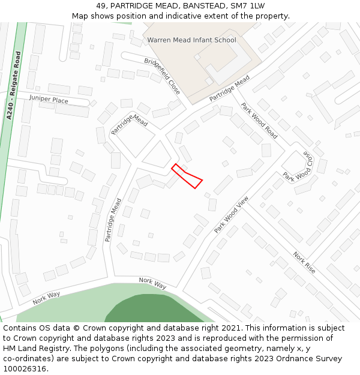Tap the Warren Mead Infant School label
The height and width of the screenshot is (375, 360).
(191, 40)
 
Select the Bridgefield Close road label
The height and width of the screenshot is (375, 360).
(162, 76)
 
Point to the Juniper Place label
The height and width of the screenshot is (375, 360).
(49, 100)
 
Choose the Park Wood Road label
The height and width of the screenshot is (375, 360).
(259, 121)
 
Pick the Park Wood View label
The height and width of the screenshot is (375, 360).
(231, 215)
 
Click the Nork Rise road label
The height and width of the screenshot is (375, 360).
(304, 262)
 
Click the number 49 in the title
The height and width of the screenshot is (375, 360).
(101, 5)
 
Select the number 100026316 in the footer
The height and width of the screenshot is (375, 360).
(25, 369)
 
